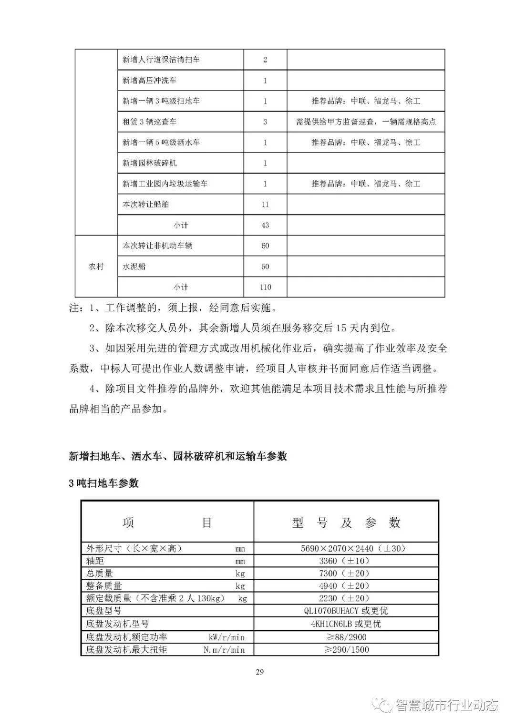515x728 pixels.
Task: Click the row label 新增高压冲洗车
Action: pos(149,81)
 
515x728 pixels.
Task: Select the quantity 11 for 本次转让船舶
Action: pos(265,205)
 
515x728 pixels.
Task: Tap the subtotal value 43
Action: pos(265,225)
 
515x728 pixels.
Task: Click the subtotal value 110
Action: pos(265,287)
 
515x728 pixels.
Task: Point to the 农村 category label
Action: pos(96,267)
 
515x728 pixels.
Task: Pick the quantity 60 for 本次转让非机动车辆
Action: pos(265,246)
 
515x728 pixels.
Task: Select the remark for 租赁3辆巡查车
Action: pos(366,122)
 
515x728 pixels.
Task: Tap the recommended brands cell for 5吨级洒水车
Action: pos(366,143)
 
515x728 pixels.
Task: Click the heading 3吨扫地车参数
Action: pos(103,483)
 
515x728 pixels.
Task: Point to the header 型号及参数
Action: pos(346,523)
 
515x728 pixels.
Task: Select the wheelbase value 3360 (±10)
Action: pos(346,561)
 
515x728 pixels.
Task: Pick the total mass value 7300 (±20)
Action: pos(346,574)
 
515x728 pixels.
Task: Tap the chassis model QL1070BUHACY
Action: pos(346,611)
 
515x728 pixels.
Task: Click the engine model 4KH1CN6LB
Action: pos(346,624)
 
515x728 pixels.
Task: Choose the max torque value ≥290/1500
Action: pos(346,649)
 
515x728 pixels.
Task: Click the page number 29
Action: pos(260,672)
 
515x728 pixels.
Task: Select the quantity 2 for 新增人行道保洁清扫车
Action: pos(265,60)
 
